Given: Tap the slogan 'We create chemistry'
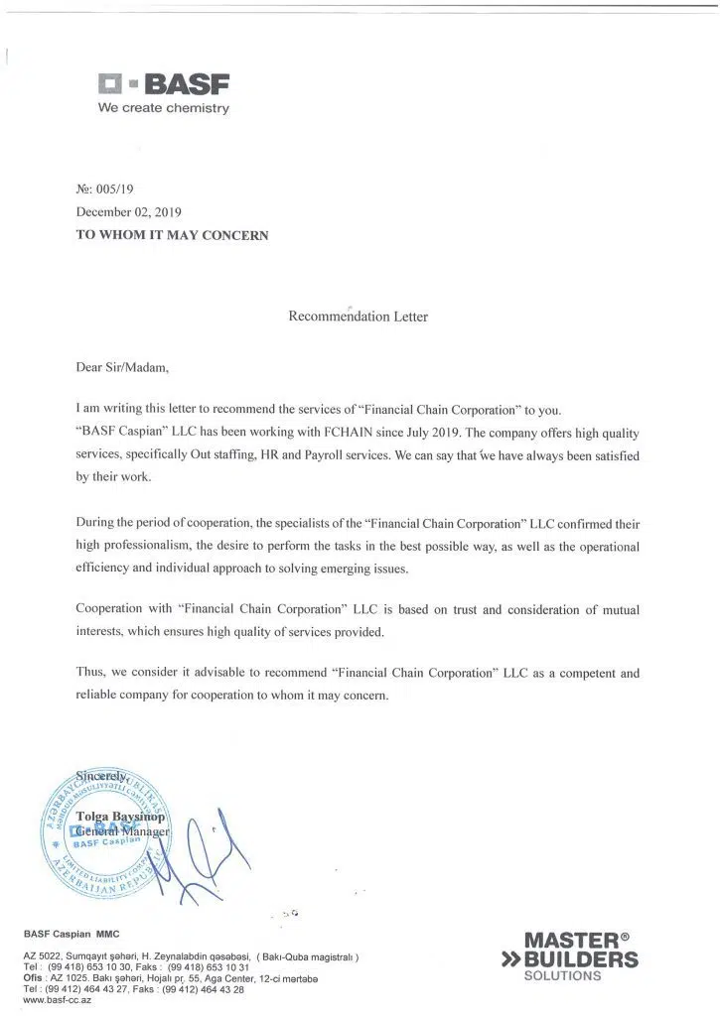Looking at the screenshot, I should (x=163, y=107).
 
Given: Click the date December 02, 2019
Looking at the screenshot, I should (x=129, y=211).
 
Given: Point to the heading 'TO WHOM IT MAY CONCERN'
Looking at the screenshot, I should (x=172, y=235).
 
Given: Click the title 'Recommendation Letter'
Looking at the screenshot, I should (x=358, y=317).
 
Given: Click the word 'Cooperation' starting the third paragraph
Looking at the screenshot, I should (x=112, y=608).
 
